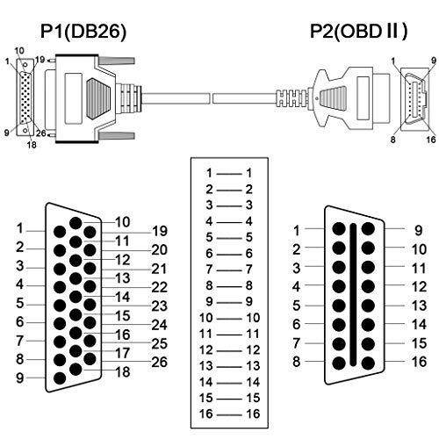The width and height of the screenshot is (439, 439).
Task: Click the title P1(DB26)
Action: click(83, 31)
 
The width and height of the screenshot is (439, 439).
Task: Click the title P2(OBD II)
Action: click(358, 31)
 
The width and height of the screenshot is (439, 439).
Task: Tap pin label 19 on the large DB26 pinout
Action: click(160, 231)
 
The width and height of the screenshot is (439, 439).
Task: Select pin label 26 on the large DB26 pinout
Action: click(160, 363)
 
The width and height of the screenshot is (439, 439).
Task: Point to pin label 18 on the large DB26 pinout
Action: click(123, 372)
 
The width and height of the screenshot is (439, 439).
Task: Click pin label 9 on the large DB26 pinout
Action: click(19, 378)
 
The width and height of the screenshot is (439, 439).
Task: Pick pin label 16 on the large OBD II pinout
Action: click(419, 362)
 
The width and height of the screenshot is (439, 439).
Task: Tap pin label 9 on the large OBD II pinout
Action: click(419, 231)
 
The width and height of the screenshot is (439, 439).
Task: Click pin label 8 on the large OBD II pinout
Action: click(297, 362)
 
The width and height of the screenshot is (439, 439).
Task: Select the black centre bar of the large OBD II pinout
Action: click(353, 295)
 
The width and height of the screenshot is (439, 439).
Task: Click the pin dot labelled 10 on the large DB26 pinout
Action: click(76, 223)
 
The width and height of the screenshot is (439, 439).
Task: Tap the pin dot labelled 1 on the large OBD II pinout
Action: click(339, 228)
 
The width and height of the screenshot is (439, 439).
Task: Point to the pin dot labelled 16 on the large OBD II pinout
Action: click(368, 363)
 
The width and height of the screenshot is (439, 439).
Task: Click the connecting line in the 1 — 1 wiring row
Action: click(229, 174)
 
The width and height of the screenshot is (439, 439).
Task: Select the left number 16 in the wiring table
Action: click(205, 414)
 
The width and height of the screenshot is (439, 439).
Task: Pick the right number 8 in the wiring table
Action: click(248, 285)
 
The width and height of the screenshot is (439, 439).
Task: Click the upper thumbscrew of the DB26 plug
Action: click(117, 61)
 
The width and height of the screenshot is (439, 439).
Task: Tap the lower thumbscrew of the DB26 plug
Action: click(117, 135)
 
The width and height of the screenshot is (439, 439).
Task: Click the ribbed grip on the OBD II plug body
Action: click(334, 98)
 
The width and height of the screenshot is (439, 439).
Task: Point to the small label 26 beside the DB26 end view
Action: click(41, 133)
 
